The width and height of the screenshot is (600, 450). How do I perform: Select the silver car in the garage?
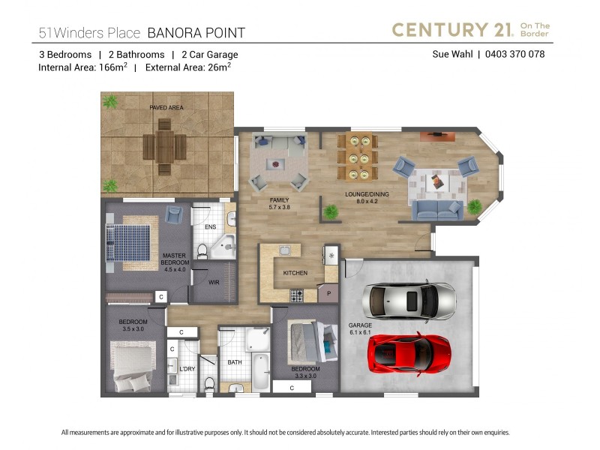409,301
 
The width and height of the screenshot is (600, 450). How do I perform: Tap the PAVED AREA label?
166,108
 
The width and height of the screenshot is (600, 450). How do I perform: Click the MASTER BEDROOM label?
175,259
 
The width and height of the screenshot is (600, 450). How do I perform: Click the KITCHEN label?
295,273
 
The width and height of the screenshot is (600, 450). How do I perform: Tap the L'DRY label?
187,369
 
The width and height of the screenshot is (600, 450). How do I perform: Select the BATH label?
234,362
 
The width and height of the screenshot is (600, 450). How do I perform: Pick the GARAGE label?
360,328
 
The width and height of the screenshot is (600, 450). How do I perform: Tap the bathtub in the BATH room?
259,370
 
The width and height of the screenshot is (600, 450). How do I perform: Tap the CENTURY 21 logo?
470,30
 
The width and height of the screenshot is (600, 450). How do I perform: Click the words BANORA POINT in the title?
196,33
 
